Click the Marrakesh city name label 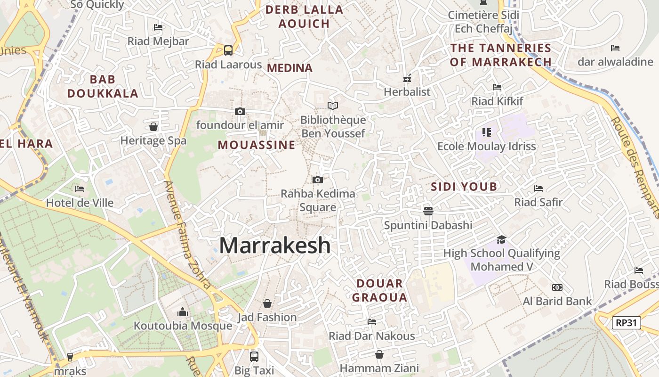coord(275,246)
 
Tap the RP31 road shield coord(627,323)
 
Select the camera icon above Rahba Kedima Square coord(318,180)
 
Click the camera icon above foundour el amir coord(240,111)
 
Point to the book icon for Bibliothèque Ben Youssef coord(333,106)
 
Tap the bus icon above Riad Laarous coord(228,50)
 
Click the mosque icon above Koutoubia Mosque coord(183,312)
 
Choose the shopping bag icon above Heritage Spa coord(153,126)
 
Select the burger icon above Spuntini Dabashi coord(428,210)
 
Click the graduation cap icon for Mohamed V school coord(501,239)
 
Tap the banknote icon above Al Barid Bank coord(557,287)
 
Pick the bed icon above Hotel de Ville coord(80,189)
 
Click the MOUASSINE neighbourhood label coord(257,145)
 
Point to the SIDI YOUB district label coord(464,187)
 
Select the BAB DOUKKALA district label coord(103,86)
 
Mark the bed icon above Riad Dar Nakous coord(372,322)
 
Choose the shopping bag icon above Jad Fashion coord(267,303)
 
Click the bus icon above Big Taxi coord(254,356)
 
